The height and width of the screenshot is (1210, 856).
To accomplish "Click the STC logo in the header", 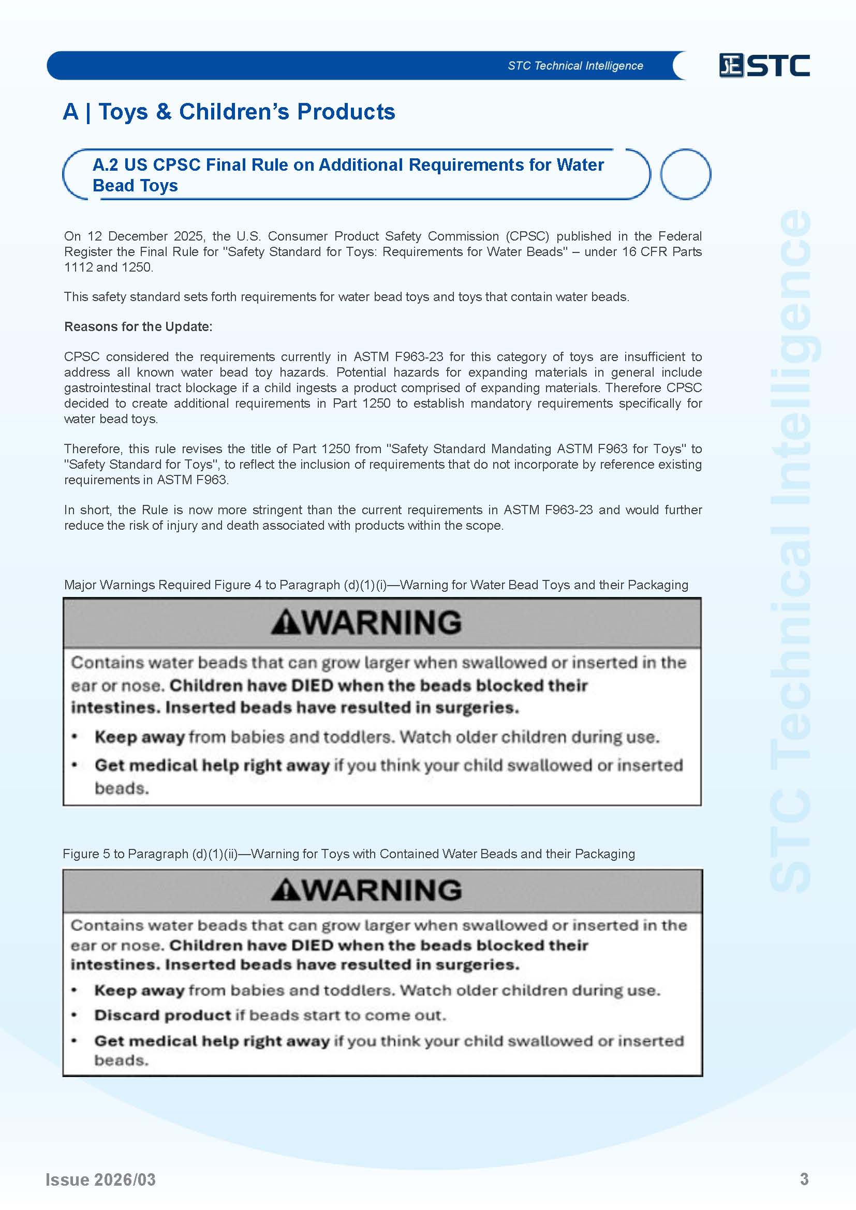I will click(x=764, y=66).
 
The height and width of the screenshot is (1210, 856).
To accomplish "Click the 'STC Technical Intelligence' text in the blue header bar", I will click(x=575, y=66).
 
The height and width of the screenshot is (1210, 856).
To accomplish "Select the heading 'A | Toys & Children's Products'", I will click(x=229, y=112).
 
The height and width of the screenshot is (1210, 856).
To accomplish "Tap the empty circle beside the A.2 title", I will click(x=685, y=174).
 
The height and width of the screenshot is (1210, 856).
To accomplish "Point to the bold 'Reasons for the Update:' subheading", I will click(x=138, y=327).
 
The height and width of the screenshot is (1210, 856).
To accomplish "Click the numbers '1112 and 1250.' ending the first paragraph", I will click(x=109, y=267).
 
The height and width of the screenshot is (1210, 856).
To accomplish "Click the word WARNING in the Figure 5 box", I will click(x=382, y=890).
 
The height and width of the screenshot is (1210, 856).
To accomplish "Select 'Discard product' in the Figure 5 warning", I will click(x=163, y=1015).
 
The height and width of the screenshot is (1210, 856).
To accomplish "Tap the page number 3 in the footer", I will click(x=804, y=1179).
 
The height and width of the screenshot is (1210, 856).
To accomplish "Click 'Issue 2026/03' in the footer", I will click(x=101, y=1179).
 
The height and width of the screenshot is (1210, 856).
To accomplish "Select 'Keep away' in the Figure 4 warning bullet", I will click(x=140, y=737).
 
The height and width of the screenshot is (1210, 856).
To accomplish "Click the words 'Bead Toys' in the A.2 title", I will click(x=135, y=186).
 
